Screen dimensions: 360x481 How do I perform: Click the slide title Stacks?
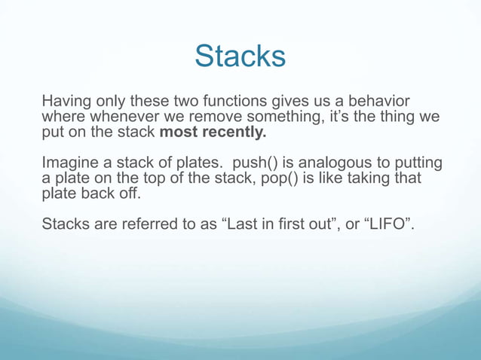[240, 56]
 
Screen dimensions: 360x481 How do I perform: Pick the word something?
[277, 117]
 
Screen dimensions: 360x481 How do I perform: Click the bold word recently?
[234, 133]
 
